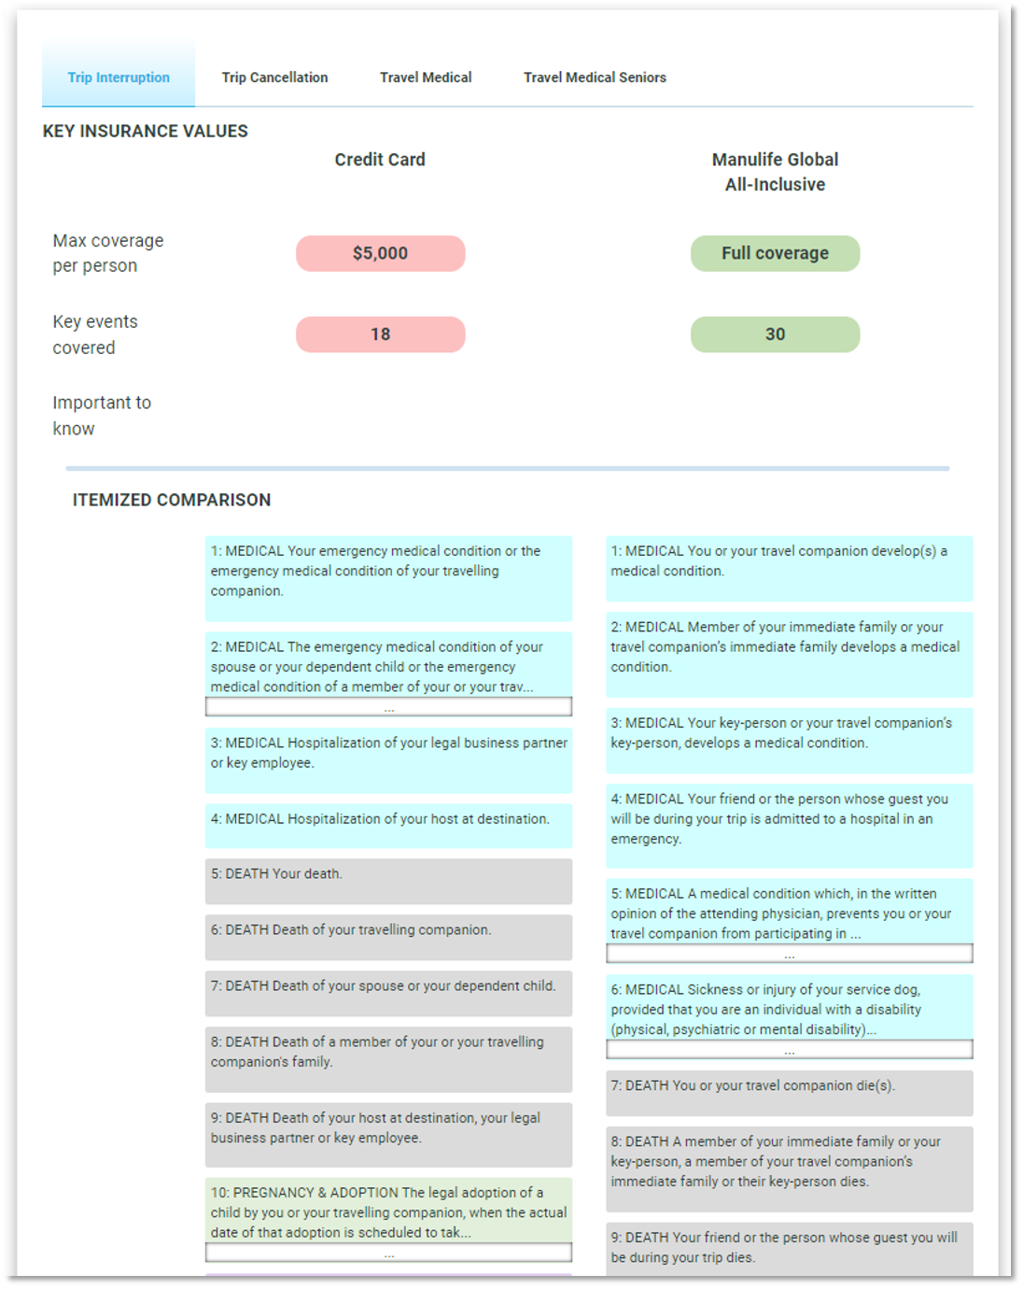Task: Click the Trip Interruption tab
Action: (x=119, y=78)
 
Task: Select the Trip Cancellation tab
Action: (x=274, y=78)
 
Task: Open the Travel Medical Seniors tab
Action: (x=595, y=78)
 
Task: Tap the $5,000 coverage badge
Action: (x=380, y=253)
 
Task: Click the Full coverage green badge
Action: (x=775, y=253)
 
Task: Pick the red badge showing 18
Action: (x=380, y=334)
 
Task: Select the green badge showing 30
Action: (x=775, y=334)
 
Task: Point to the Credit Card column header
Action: (x=380, y=160)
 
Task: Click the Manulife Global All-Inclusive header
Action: (x=775, y=172)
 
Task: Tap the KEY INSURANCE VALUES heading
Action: (x=146, y=132)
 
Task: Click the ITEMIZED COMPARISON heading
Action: (x=172, y=500)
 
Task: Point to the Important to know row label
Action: (x=101, y=416)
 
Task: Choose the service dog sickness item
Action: (x=789, y=1009)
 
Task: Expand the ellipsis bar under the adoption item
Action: (x=388, y=1254)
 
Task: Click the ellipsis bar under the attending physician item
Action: (x=789, y=954)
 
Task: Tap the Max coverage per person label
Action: (x=107, y=253)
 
